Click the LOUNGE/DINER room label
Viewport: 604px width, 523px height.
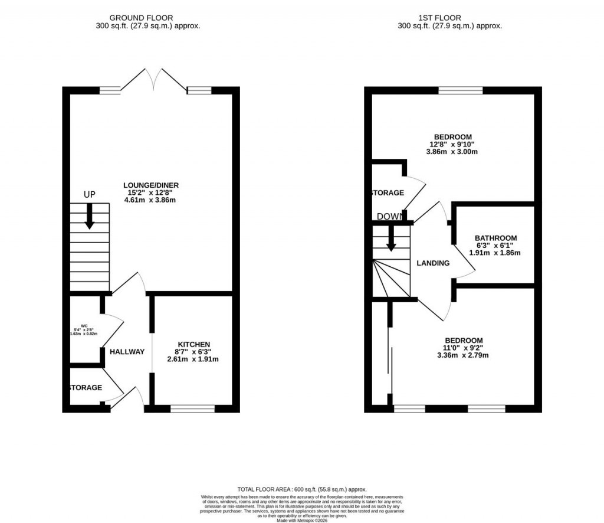tap(150, 185)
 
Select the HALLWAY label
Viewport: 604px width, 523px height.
tap(127, 352)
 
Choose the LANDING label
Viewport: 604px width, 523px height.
tap(433, 263)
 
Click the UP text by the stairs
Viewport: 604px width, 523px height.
tap(90, 195)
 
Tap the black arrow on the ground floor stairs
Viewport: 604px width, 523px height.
tap(90, 216)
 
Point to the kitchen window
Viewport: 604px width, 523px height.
tap(193, 408)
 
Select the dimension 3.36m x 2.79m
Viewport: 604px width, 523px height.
tap(463, 355)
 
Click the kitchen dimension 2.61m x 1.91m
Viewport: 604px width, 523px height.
tap(193, 359)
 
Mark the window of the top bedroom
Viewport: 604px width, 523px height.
tap(460, 90)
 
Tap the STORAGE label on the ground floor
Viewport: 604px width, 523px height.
tap(86, 388)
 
